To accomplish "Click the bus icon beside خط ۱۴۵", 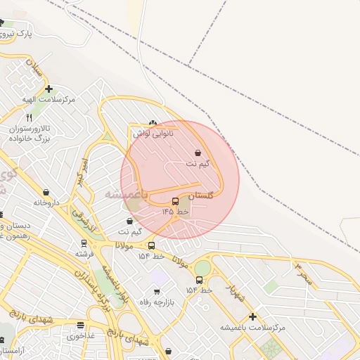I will click(175, 202).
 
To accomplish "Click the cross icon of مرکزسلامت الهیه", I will click(49, 89).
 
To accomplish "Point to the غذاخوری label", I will click(81, 336).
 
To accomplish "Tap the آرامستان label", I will click(13, 349).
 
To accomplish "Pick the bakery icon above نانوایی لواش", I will click(153, 121).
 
